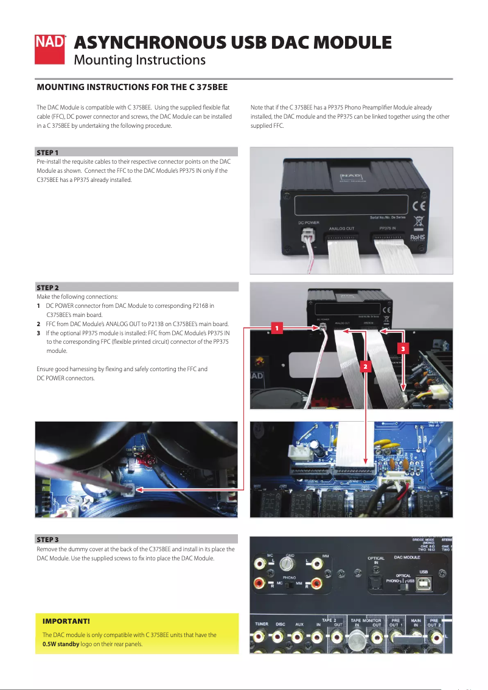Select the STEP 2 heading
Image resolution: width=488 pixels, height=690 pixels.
pyautogui.click(x=48, y=287)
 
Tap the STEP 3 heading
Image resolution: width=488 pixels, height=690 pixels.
pyautogui.click(x=48, y=540)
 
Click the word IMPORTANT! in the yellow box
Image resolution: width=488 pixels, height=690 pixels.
pyautogui.click(x=66, y=621)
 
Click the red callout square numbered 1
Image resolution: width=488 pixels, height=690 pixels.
pyautogui.click(x=276, y=329)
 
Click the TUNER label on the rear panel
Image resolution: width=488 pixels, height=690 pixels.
pyautogui.click(x=262, y=624)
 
